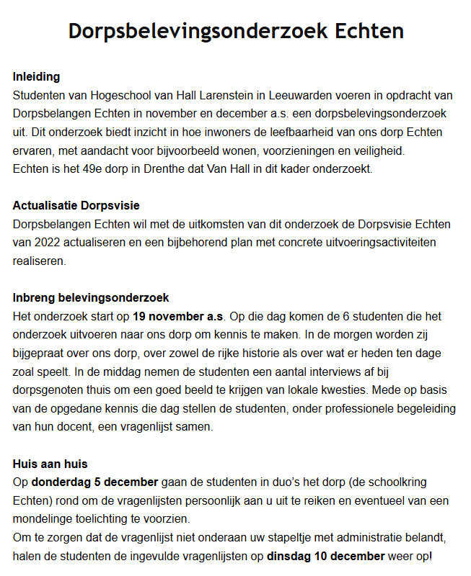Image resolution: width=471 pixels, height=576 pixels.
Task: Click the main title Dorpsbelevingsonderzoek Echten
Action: pos(235,32)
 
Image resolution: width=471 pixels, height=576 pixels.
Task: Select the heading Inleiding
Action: pos(36,76)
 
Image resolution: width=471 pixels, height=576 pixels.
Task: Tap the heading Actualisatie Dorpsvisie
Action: pos(76,205)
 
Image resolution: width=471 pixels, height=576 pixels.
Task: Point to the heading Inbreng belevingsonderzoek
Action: pos(90,298)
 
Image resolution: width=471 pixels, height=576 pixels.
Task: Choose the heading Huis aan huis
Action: pos(50,464)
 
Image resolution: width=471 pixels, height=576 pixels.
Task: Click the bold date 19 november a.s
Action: pos(178,317)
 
